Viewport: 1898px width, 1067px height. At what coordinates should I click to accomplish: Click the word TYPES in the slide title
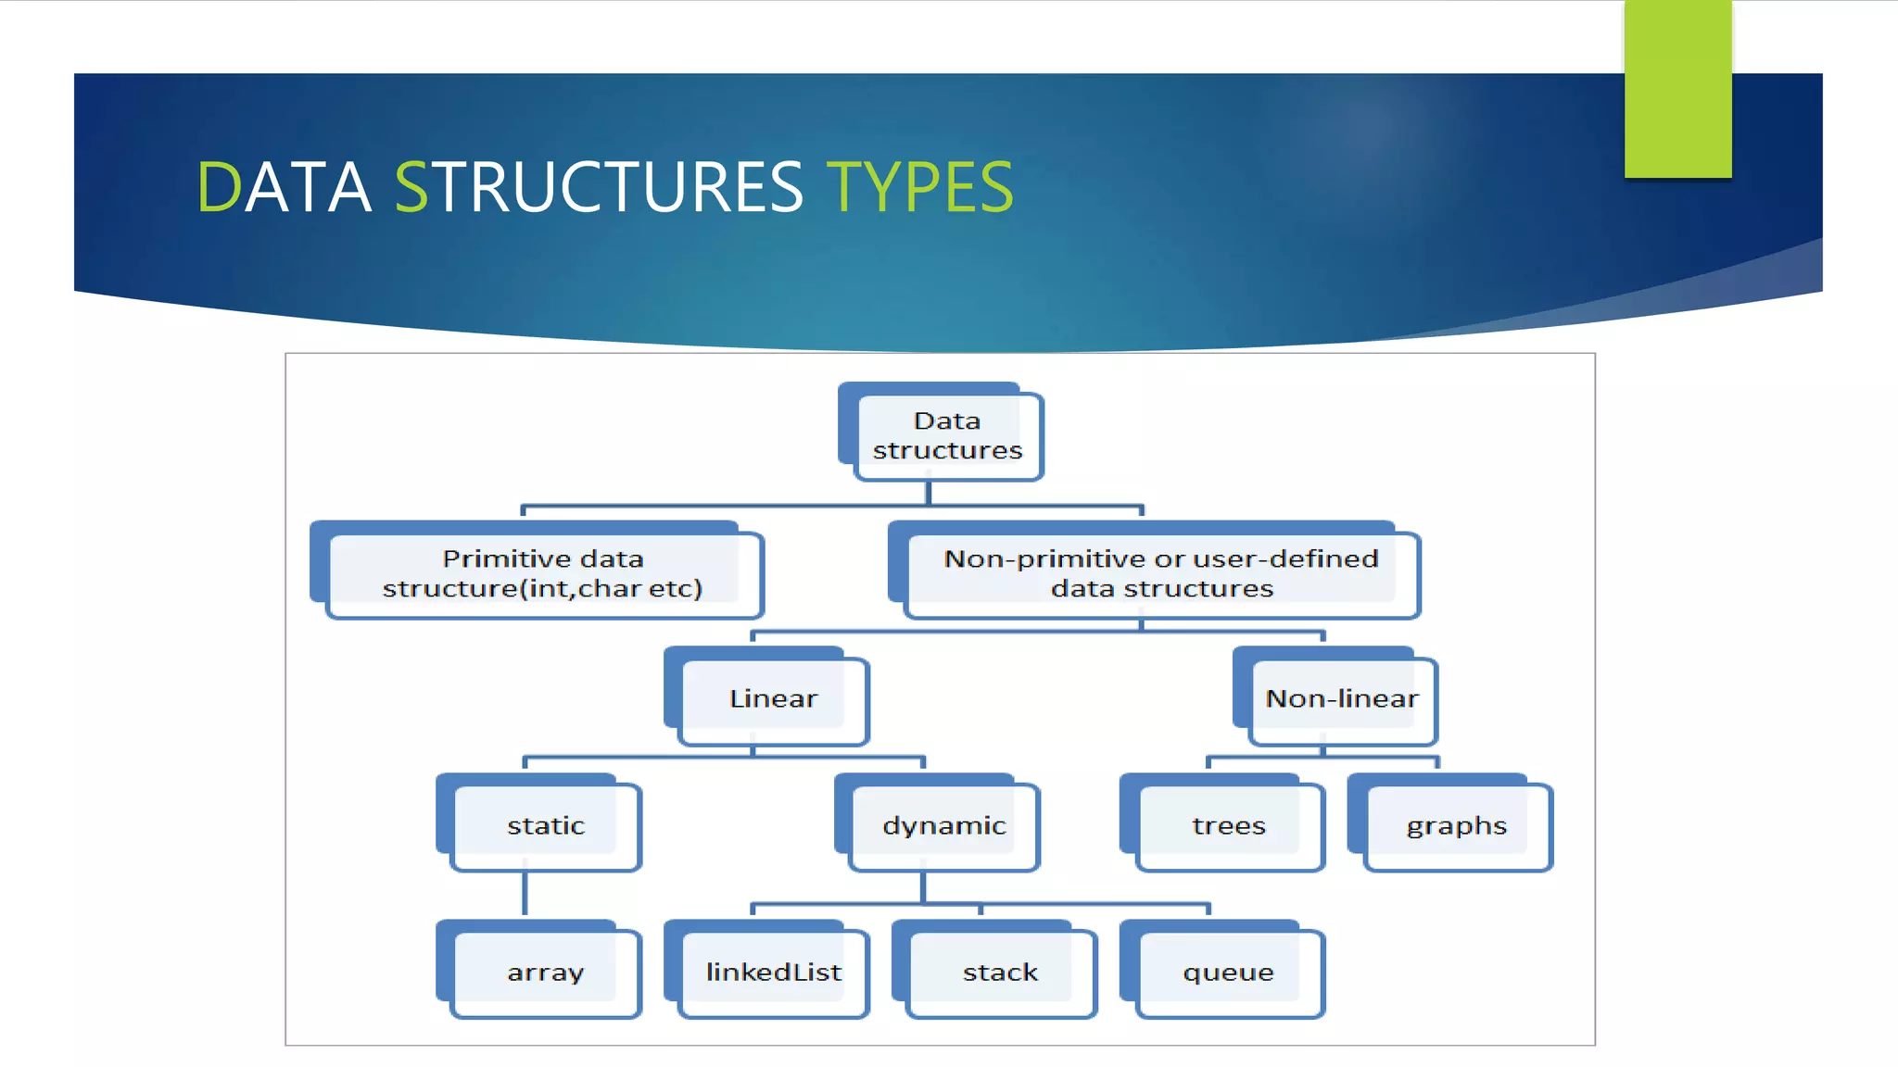click(x=919, y=188)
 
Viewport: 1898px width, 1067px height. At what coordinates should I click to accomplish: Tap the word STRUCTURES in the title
click(x=599, y=188)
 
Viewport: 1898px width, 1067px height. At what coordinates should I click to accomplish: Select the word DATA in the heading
click(x=284, y=188)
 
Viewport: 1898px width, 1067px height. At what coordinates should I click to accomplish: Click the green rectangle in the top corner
click(x=1677, y=88)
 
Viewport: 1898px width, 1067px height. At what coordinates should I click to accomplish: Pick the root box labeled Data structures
click(x=946, y=435)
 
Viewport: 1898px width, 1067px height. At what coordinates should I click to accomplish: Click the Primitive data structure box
click(x=543, y=573)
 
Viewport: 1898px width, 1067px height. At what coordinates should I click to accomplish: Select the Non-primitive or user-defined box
click(x=1160, y=573)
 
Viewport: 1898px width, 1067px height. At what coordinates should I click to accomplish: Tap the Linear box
click(x=773, y=698)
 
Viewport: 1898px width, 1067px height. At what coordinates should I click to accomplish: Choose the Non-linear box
click(x=1341, y=698)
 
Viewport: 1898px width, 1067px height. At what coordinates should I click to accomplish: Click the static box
click(x=545, y=825)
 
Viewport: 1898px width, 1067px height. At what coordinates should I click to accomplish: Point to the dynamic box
click(x=943, y=825)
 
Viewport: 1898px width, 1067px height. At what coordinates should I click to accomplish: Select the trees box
click(x=1228, y=825)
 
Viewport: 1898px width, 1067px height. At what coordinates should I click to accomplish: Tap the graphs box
click(x=1456, y=825)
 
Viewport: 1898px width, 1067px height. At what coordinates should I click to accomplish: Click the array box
click(x=545, y=972)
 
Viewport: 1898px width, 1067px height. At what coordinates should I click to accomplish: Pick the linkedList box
click(x=773, y=972)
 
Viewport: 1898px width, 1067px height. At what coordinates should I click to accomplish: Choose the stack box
click(x=1000, y=972)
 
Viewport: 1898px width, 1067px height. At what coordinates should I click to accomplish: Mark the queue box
click(x=1228, y=972)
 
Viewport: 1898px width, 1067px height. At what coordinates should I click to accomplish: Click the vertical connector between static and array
click(x=525, y=893)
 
